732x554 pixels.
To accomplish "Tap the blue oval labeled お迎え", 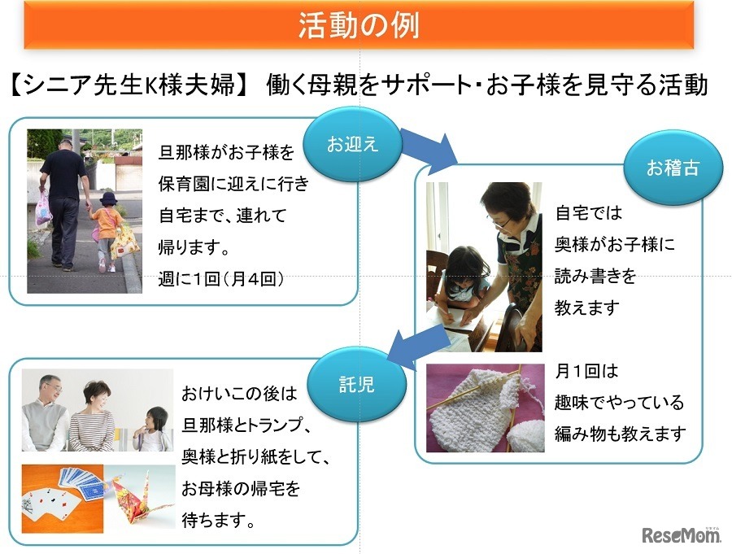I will (353, 146).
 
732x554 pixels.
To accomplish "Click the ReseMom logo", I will (682, 534).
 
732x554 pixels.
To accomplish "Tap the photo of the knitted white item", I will (473, 407).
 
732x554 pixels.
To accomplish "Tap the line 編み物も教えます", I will (620, 433).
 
